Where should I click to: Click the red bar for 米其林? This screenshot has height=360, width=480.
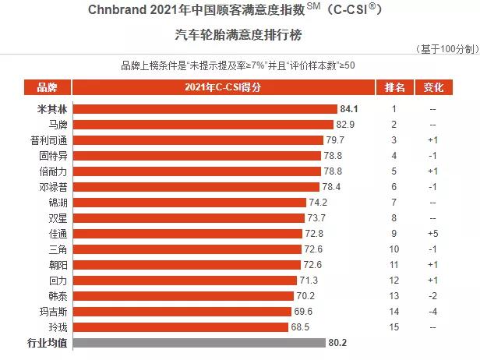click(206, 109)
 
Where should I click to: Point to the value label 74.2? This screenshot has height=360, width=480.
click(317, 203)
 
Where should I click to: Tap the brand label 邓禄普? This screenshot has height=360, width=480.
click(51, 187)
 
